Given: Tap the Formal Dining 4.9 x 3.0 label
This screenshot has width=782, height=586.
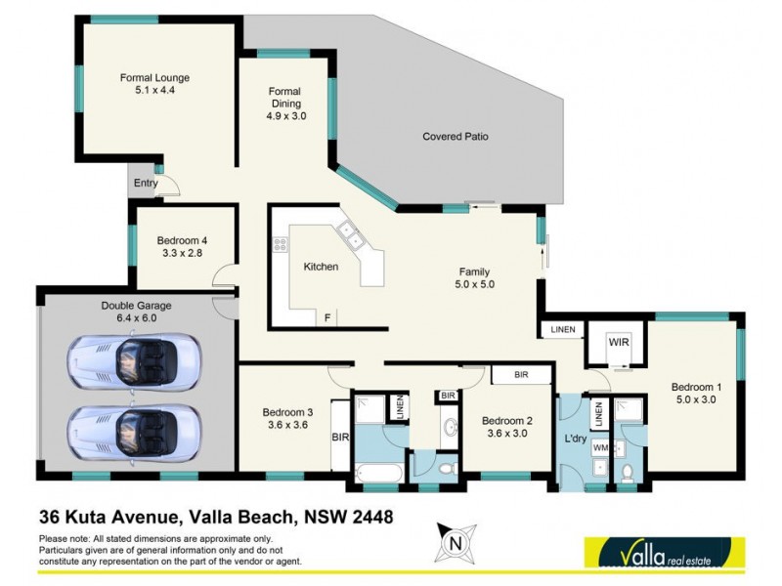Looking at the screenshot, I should (x=285, y=103).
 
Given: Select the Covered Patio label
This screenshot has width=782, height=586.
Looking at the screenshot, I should (x=455, y=137).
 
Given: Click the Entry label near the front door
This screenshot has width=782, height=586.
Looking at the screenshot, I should (x=146, y=183).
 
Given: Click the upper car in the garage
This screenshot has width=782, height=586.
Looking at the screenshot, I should (x=133, y=361).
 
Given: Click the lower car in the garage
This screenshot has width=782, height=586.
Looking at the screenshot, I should (x=133, y=428).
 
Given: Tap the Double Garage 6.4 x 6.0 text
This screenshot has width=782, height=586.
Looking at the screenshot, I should (x=129, y=311).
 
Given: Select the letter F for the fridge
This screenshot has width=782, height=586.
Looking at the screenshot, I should (x=326, y=318).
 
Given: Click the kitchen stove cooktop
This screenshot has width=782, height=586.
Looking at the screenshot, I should (x=281, y=245).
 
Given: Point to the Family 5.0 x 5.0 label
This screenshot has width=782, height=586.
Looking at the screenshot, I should (x=475, y=278).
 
